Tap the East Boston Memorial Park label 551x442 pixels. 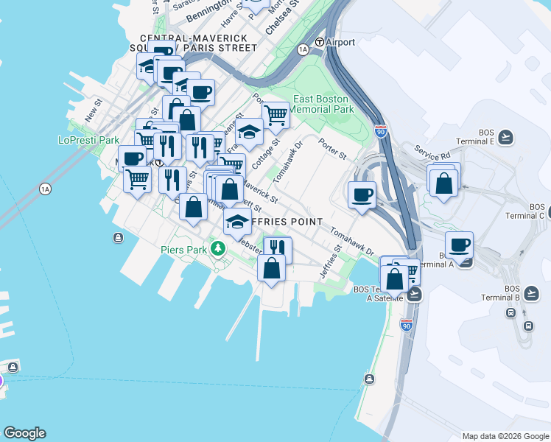[323, 104]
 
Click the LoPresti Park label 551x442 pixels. [88, 140]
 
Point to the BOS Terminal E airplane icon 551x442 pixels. [505, 136]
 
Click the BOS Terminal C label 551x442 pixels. [525, 211]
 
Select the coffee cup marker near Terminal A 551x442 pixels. [459, 245]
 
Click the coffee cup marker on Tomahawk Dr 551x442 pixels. [362, 194]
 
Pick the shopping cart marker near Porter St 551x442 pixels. [275, 114]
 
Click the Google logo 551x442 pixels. [24, 433]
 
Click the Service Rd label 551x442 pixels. [432, 152]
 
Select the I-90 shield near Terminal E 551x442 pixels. [381, 132]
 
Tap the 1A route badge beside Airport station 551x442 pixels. [303, 49]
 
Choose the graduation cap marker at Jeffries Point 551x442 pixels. [237, 222]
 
